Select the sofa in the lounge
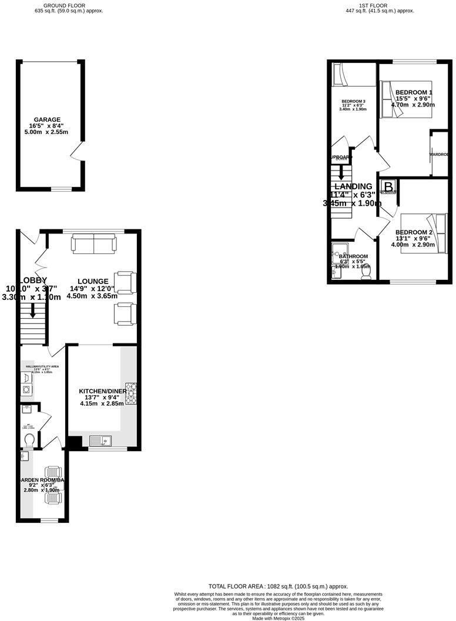point(93,243)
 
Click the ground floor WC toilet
point(30,440)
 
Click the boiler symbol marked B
point(388,185)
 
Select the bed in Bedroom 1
point(405,99)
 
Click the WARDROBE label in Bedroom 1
point(439,154)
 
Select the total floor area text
point(279,586)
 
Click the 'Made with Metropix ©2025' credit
point(279,618)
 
